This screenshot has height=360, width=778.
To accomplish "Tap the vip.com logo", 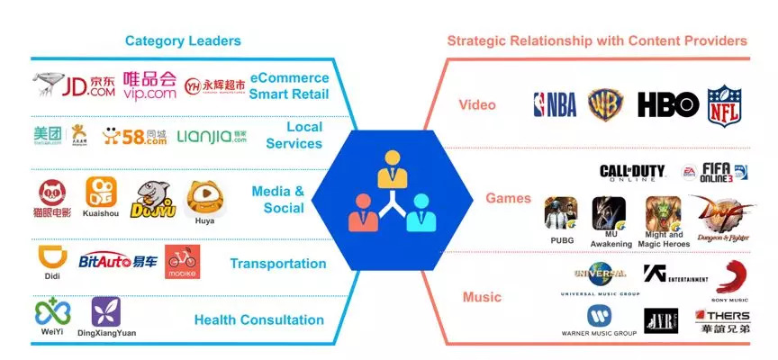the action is [149, 85].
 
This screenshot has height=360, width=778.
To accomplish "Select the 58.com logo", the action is [135, 136].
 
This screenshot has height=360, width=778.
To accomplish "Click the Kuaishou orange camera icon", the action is [100, 192].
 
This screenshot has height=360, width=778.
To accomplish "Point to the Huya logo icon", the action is [204, 196].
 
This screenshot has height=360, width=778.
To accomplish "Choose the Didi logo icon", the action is [52, 258].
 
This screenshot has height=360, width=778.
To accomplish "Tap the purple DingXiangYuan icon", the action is [106, 311].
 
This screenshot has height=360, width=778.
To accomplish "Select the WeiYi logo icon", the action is [52, 311].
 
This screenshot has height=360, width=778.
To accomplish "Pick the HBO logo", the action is [668, 104].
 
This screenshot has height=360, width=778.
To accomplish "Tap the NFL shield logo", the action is [724, 105].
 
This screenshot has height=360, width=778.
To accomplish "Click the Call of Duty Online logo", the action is [632, 171].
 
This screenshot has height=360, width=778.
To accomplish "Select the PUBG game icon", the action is [561, 214].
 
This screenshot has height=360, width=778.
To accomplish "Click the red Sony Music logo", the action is [731, 277].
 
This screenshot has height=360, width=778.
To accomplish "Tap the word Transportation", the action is [277, 264].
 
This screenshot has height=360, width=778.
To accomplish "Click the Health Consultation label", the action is [259, 319].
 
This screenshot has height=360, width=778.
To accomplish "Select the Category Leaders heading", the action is [183, 40].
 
